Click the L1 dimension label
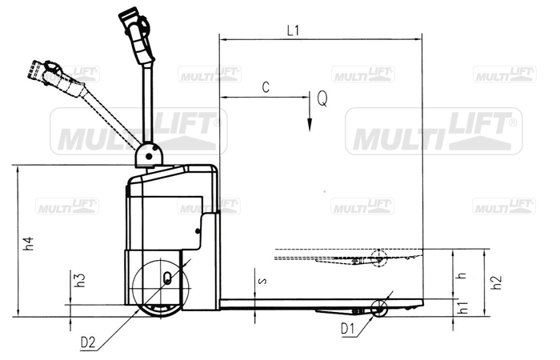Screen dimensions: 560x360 (x=293, y=31)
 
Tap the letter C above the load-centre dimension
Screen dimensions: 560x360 (x=266, y=87)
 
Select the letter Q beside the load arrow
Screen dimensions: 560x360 (x=322, y=98)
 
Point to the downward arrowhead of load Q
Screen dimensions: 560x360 (x=310, y=126)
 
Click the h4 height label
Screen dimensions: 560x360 (x=29, y=243)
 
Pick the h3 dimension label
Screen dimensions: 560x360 (x=80, y=280)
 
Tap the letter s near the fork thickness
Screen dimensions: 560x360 (x=262, y=281)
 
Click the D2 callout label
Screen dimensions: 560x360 (x=88, y=343)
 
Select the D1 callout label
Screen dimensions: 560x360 (x=348, y=329)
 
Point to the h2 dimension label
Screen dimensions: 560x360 (x=497, y=282)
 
